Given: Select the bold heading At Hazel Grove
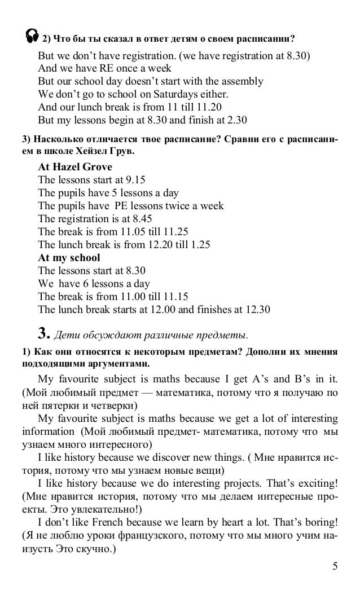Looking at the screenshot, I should click(74, 168).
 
